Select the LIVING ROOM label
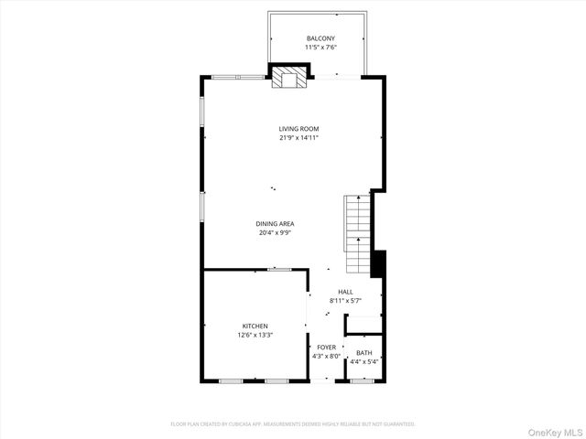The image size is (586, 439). pos(298,129)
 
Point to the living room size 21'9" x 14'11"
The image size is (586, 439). pos(298,138)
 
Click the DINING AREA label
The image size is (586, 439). pos(275,223)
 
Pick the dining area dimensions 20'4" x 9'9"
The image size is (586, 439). pos(275,232)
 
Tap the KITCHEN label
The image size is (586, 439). pos(255,326)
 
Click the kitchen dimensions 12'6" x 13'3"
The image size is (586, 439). pos(255,335)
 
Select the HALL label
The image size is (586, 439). pos(345,292)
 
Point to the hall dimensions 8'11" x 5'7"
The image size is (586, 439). pos(345,301)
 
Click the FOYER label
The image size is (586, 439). pos(326,348)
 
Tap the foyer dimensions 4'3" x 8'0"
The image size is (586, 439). pos(326,357)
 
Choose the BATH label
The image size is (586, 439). pos(364,353)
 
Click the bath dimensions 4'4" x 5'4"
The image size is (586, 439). pos(364,362)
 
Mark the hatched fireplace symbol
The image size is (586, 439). pos(290,78)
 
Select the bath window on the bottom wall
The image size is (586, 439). pos(364,380)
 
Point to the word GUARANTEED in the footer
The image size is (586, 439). pos(396,424)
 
